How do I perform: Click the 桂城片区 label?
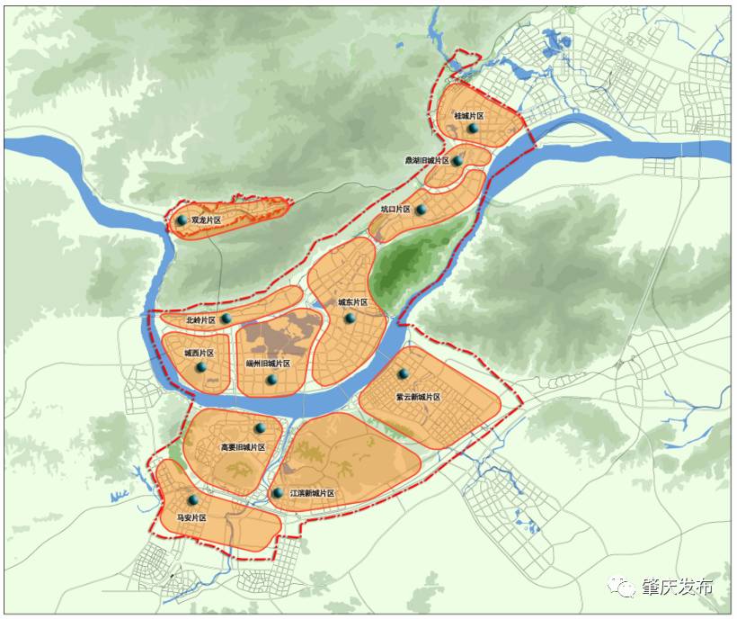coord(469,116)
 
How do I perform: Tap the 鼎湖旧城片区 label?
coord(426,161)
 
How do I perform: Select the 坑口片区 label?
coord(395,210)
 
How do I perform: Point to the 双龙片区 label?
coord(206,220)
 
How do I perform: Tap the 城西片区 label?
coord(199,354)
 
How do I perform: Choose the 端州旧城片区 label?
coord(268,363)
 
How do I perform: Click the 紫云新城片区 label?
coord(418,397)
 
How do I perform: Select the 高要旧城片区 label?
coord(243,447)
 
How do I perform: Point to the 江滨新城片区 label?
coord(312,494)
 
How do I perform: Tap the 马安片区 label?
coord(191,518)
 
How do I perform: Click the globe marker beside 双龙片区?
coord(182,220)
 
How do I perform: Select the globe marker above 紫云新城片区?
coord(403,373)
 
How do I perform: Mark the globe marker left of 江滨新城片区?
coord(278,493)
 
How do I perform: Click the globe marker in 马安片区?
coord(192,500)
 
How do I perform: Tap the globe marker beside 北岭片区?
coord(226,319)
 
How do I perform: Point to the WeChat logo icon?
coord(622,587)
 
